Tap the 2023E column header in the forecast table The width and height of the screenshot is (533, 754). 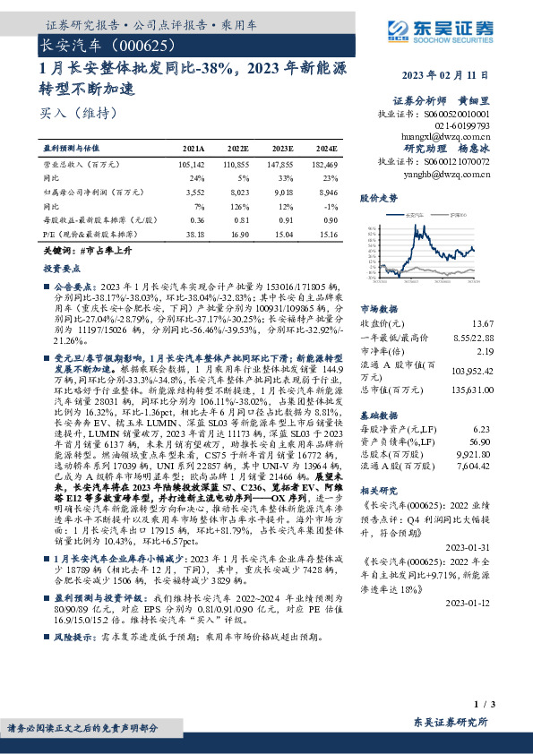tap(281, 149)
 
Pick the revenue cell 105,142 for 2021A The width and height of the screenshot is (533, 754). tap(192, 165)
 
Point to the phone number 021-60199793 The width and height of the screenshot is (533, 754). tap(466, 126)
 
